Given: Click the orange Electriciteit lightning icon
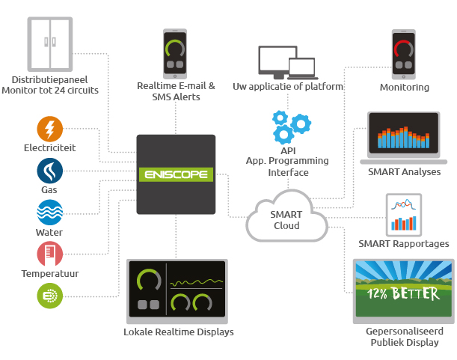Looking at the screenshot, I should (x=50, y=129).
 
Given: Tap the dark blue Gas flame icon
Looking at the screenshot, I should (x=50, y=171).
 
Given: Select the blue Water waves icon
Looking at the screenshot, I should (x=50, y=213).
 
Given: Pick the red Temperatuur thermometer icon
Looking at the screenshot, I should (x=50, y=254).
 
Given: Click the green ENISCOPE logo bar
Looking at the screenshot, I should (x=177, y=175).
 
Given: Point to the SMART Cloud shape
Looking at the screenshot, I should (x=286, y=217).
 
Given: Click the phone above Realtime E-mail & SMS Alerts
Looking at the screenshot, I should (x=176, y=53).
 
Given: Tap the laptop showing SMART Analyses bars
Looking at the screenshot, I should (x=404, y=137).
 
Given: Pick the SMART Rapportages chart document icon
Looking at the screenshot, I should (x=404, y=214).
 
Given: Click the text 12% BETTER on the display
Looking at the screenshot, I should (x=403, y=294).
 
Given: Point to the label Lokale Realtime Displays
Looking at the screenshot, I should (x=179, y=332).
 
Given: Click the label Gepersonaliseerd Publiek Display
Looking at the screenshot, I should (x=404, y=337).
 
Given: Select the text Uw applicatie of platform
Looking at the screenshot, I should (x=288, y=87).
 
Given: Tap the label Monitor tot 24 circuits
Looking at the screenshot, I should (x=50, y=91).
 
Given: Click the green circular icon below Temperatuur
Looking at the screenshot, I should (x=50, y=296).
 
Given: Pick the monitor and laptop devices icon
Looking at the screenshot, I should (x=287, y=62).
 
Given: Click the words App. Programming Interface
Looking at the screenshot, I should (x=288, y=166).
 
